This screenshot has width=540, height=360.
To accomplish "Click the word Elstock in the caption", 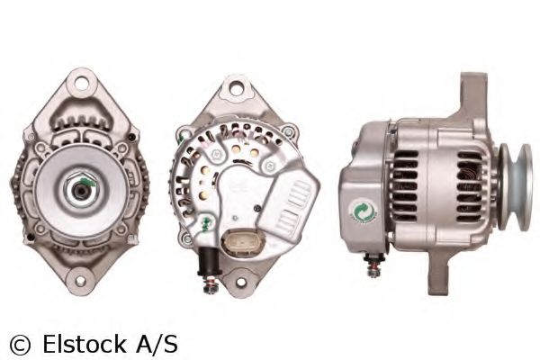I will point(84,343).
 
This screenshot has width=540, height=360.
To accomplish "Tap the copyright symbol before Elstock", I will point(19,343).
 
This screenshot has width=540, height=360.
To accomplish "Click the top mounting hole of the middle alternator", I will point(238,89).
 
